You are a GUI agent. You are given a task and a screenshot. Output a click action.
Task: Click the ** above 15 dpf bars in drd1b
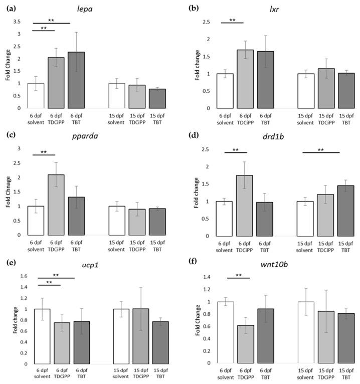321,149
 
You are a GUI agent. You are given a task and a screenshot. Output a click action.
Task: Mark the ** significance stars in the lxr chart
232,20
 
